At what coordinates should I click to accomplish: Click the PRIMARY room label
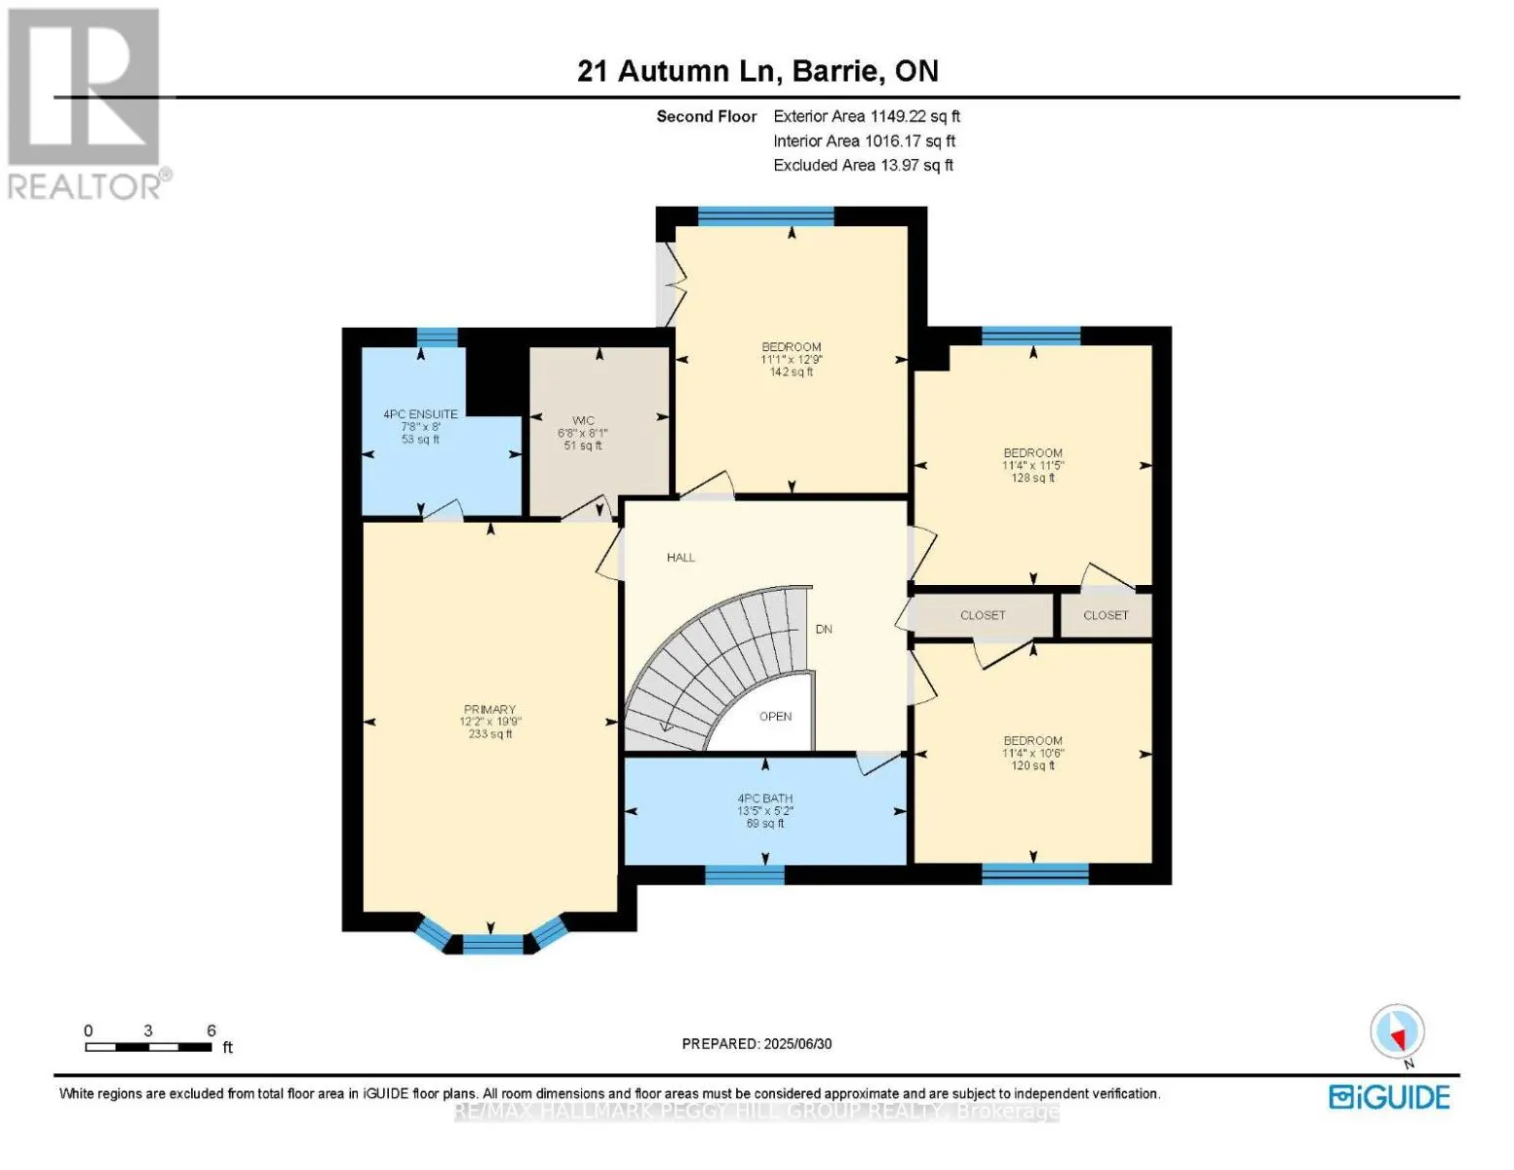click(489, 710)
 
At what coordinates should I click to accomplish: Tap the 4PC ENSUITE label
click(420, 414)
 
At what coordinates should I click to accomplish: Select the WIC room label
click(583, 421)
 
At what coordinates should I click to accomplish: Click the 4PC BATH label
click(765, 799)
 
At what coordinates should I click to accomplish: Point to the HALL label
click(680, 558)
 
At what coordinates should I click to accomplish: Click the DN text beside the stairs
click(824, 629)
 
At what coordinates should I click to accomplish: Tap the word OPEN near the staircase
click(775, 717)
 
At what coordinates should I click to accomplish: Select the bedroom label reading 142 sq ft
click(791, 371)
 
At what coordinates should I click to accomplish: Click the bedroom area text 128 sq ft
click(1032, 478)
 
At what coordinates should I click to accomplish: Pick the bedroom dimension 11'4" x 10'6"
click(1032, 753)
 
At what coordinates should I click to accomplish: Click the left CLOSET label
click(982, 615)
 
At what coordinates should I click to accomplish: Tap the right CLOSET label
click(1106, 615)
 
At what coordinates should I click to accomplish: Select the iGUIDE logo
click(1389, 1097)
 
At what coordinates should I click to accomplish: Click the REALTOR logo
click(86, 102)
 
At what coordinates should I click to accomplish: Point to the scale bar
click(148, 1047)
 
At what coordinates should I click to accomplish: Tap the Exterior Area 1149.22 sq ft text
click(866, 116)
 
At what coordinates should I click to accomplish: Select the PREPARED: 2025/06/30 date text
click(757, 1043)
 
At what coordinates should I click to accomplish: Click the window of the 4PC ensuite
click(437, 337)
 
